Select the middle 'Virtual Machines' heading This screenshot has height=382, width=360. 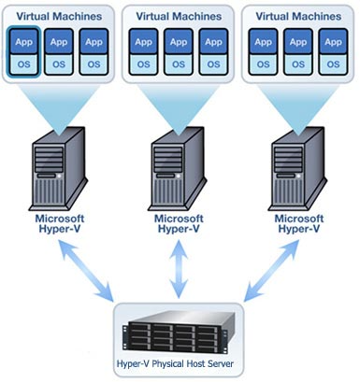[x=177, y=15]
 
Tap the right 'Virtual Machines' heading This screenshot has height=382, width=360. [x=296, y=15]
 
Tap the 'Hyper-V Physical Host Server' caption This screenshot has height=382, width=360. [x=177, y=364]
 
